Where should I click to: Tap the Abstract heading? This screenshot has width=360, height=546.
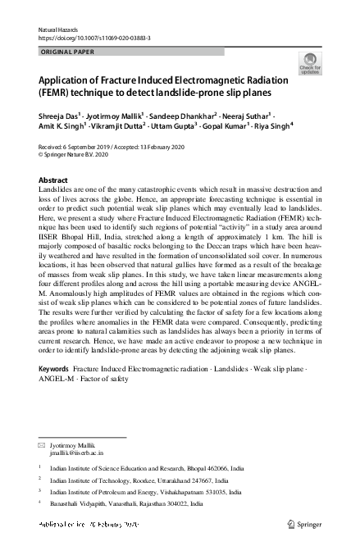[53, 180]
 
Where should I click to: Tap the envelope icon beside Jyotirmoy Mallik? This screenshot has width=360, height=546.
[43, 444]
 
